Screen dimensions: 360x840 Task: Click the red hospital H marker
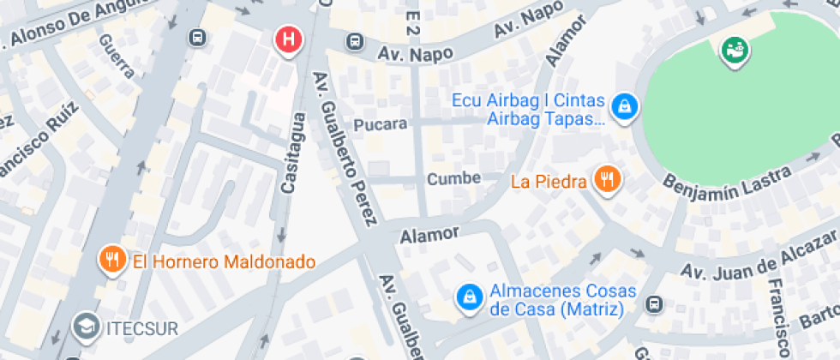pyautogui.click(x=291, y=39)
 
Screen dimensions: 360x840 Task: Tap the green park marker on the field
pyautogui.click(x=735, y=51)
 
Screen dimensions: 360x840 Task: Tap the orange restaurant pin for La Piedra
pyautogui.click(x=609, y=179)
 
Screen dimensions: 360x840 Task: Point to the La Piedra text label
pyautogui.click(x=549, y=181)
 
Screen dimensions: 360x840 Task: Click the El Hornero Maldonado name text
pyautogui.click(x=224, y=261)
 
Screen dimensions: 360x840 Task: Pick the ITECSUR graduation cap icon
pyautogui.click(x=85, y=325)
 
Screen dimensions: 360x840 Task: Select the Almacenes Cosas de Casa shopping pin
pyautogui.click(x=468, y=297)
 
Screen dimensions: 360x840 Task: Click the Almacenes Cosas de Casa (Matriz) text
pyautogui.click(x=555, y=300)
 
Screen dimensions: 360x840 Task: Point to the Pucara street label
pyautogui.click(x=380, y=124)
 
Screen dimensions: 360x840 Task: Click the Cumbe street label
pyautogui.click(x=454, y=179)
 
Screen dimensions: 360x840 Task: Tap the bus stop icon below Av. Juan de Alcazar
pyautogui.click(x=655, y=304)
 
